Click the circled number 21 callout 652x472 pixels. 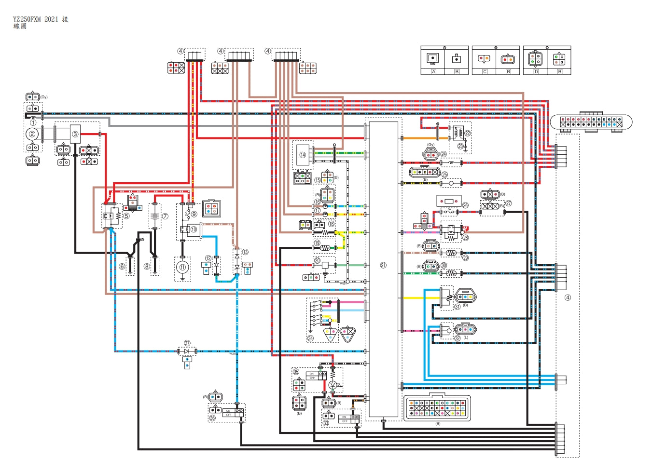click(383, 265)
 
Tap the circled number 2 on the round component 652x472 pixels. click(32, 134)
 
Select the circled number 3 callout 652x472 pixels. click(75, 134)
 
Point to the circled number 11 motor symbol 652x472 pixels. click(182, 267)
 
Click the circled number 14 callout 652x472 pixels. click(303, 155)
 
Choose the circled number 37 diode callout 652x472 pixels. click(187, 343)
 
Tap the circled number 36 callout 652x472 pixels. click(213, 418)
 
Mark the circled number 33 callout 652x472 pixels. click(326, 423)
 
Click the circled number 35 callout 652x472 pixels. click(296, 372)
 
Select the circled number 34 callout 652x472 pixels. click(310, 338)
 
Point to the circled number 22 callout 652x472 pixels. click(467, 133)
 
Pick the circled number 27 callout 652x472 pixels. click(509, 203)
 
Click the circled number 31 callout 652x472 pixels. click(457, 307)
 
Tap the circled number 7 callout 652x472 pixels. click(165, 216)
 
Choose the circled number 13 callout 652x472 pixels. click(245, 252)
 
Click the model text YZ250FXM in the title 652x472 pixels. click(27, 19)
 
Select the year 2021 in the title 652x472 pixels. click(51, 19)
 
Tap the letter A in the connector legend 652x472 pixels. click(433, 72)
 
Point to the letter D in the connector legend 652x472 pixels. click(536, 72)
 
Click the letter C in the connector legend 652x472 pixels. click(485, 72)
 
